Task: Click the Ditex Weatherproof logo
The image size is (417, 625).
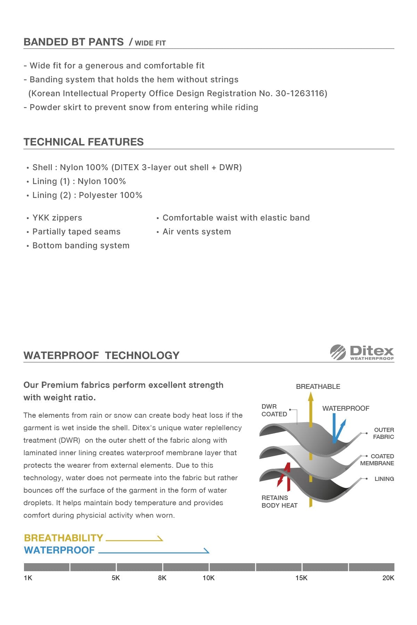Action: click(x=362, y=352)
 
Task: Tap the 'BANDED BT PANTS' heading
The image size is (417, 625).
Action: click(x=74, y=42)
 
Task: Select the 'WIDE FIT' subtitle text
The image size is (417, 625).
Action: click(x=150, y=43)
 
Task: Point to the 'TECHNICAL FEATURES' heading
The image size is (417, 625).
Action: click(x=83, y=142)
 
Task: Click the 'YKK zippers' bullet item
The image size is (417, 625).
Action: click(x=57, y=218)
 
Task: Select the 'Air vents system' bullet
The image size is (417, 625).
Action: click(x=197, y=232)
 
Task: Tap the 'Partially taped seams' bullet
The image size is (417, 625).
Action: click(x=76, y=232)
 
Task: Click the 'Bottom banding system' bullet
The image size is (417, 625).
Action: click(x=81, y=245)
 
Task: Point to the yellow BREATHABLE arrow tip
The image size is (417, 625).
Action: click(x=311, y=396)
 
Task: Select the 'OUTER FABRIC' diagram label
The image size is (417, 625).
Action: click(x=384, y=433)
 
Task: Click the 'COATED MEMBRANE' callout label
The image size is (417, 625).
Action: click(x=377, y=460)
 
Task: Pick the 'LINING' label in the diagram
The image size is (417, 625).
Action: click(x=384, y=479)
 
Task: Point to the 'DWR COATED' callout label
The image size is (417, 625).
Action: click(x=274, y=410)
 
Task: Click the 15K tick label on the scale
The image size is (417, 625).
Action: click(x=301, y=578)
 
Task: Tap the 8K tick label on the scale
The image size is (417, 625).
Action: click(x=162, y=578)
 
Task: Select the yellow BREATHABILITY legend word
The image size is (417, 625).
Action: click(x=64, y=538)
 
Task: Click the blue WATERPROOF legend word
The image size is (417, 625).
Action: click(x=59, y=550)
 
